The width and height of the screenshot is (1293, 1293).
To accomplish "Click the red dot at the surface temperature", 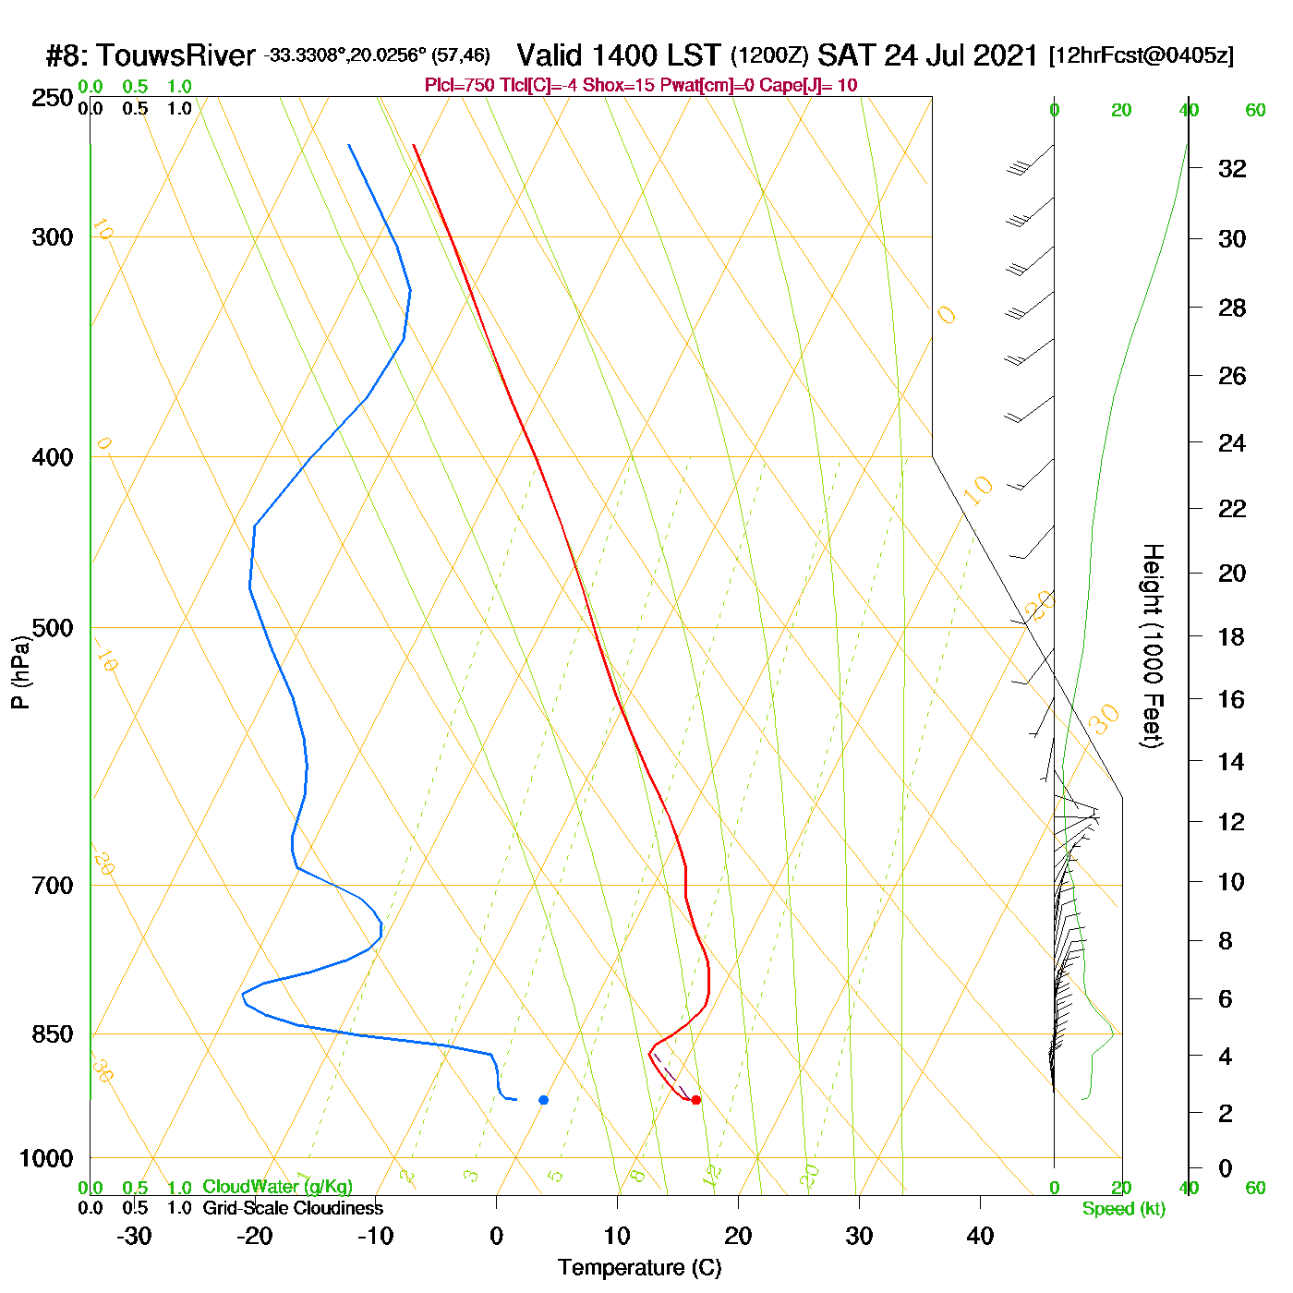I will point(695,1100).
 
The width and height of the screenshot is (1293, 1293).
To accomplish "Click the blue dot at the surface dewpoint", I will point(544,1100).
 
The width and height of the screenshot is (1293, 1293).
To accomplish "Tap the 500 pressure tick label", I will point(53,628).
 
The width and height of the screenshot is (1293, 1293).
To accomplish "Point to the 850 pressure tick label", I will point(53,1034).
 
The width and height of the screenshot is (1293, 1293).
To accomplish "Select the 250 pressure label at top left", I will point(53,98).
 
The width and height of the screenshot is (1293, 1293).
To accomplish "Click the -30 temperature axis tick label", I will point(134,1236).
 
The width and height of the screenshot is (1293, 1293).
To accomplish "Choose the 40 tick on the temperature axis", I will point(980,1236).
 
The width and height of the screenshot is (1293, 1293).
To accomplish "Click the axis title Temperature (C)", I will point(639,1268).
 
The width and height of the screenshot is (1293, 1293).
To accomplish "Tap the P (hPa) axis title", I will point(20,671).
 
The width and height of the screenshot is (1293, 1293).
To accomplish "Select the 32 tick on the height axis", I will point(1232,169).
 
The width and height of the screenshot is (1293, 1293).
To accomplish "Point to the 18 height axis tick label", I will point(1232,636).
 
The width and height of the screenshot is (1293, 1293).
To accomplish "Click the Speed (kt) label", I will point(1124,1209).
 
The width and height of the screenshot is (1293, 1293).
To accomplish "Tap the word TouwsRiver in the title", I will point(175,55).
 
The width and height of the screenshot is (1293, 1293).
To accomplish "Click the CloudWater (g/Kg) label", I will point(277,1187).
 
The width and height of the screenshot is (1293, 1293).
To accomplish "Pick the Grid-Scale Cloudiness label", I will point(293,1208).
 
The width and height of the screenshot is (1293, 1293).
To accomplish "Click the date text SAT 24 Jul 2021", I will point(928,55).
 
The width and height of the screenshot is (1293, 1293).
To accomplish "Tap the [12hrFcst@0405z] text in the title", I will point(1141,55).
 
